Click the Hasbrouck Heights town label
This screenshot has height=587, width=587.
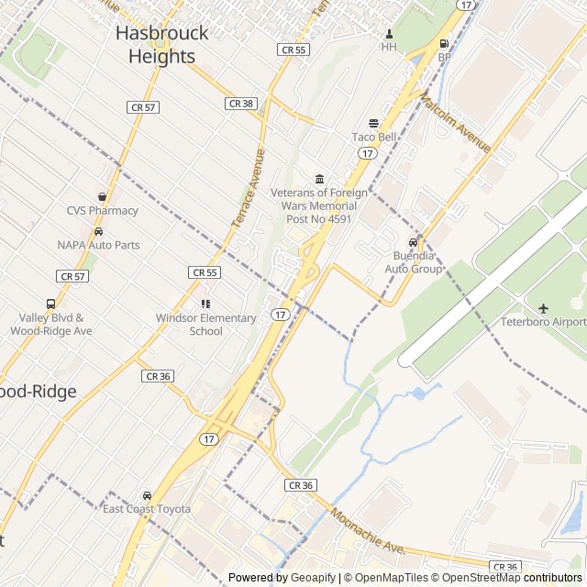click(161, 44)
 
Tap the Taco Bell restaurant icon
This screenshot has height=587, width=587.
click(373, 123)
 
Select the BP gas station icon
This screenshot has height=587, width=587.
click(445, 43)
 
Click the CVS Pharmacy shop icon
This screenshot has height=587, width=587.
click(102, 196)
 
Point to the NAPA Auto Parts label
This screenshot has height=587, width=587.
click(98, 245)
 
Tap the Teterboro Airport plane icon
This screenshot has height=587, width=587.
click(543, 308)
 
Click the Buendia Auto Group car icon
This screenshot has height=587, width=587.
click(413, 242)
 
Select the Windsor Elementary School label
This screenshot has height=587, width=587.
click(205, 324)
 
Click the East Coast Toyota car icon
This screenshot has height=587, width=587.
click(147, 495)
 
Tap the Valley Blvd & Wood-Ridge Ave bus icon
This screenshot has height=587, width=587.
click(50, 304)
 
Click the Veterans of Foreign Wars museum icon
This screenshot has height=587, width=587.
click(319, 178)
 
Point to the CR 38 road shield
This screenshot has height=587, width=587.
click(239, 104)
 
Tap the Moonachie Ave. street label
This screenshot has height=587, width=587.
click(367, 531)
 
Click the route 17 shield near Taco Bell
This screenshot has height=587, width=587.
click(367, 152)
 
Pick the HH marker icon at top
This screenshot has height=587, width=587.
click(389, 33)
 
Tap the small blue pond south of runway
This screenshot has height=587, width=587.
click(419, 393)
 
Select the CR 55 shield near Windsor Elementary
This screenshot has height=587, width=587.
click(205, 272)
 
